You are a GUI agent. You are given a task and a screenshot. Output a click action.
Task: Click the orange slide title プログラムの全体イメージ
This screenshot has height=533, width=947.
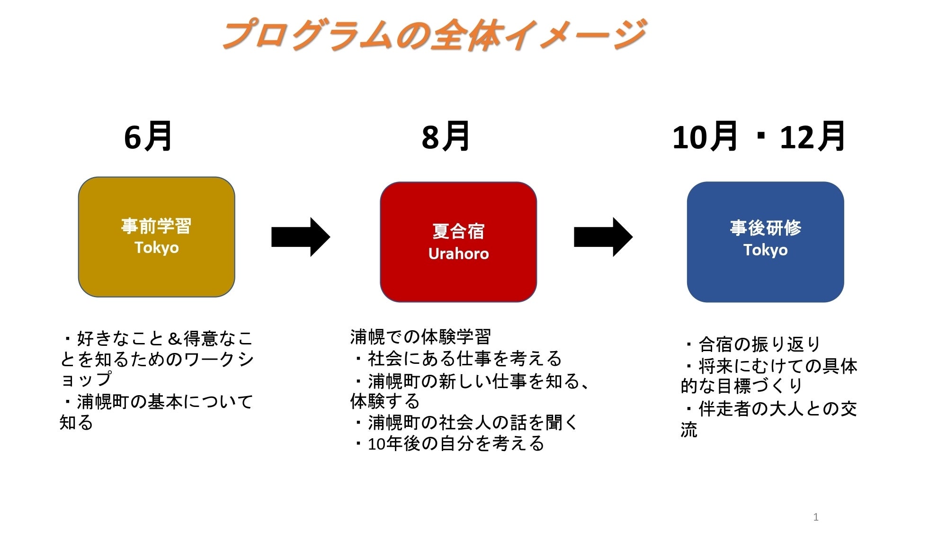[433, 34]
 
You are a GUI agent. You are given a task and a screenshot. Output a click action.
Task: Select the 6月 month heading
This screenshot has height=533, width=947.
[148, 136]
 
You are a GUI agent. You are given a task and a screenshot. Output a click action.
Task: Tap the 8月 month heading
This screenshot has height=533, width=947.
[446, 136]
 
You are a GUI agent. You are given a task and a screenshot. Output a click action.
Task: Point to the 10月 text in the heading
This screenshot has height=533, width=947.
[705, 136]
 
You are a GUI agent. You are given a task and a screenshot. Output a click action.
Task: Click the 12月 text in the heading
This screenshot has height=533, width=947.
[812, 136]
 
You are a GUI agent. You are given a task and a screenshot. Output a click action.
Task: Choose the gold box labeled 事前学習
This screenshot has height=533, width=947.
[156, 275]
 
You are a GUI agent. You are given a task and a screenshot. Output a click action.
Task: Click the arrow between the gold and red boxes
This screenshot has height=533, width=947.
[300, 237]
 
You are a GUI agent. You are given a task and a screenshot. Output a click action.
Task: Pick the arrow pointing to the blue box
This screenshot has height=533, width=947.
[603, 237]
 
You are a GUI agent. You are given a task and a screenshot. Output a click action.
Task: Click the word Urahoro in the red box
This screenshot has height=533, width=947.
[458, 254]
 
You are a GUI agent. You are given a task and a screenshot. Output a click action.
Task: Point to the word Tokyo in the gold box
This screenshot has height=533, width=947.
[156, 247]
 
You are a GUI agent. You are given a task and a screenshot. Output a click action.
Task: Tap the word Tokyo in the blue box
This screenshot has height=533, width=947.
[765, 250]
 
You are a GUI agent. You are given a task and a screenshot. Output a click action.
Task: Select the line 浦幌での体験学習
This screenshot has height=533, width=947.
[420, 337]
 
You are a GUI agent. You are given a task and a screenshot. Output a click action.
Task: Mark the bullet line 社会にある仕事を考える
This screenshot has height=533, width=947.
[464, 359]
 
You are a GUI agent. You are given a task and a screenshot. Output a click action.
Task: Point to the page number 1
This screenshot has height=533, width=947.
[815, 517]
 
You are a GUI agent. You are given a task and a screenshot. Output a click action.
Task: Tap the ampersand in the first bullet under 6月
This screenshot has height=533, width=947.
[175, 339]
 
